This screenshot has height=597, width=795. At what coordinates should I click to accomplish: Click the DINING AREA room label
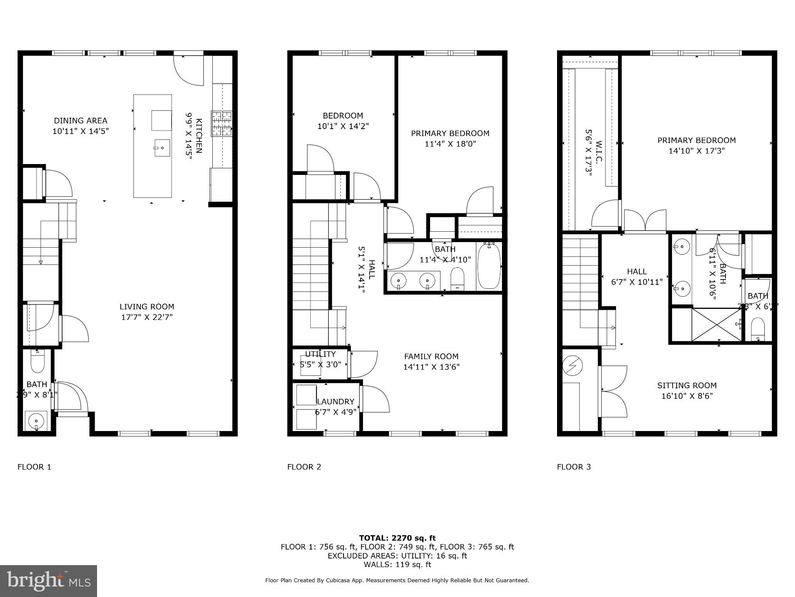[80, 121]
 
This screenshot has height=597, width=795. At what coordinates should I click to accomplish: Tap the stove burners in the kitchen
[222, 124]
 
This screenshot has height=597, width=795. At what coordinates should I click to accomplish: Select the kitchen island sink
[162, 148]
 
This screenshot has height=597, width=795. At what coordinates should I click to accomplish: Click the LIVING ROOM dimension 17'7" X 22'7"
[147, 317]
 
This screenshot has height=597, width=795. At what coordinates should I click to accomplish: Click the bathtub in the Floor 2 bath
[489, 266]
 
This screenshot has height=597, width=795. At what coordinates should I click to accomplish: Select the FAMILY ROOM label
[431, 356]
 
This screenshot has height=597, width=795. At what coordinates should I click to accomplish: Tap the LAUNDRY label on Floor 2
[336, 401]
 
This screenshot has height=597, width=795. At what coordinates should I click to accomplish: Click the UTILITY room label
[320, 354]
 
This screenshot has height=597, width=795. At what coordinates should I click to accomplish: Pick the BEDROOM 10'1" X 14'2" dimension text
[343, 126]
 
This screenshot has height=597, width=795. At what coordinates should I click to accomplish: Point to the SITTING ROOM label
[687, 386]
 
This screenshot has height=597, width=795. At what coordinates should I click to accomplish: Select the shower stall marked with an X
[717, 325]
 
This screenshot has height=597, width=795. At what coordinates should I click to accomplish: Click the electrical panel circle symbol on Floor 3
[573, 366]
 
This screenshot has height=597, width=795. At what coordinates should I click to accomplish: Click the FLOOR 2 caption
[304, 467]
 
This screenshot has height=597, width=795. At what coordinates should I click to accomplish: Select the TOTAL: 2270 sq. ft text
[397, 538]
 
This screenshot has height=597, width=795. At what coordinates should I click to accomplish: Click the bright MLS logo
[49, 581]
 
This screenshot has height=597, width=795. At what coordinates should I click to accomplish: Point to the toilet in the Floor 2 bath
[458, 279]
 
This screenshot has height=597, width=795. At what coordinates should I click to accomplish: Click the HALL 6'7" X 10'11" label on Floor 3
[637, 277]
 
